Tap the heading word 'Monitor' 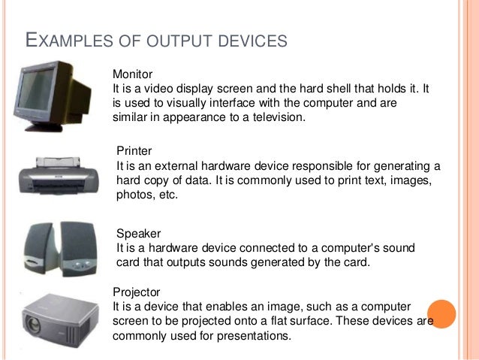point(132,74)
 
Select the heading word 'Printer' point(134,151)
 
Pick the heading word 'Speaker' point(139,234)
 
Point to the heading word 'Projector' point(136,291)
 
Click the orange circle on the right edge point(442,314)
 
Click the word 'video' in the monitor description point(161,89)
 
